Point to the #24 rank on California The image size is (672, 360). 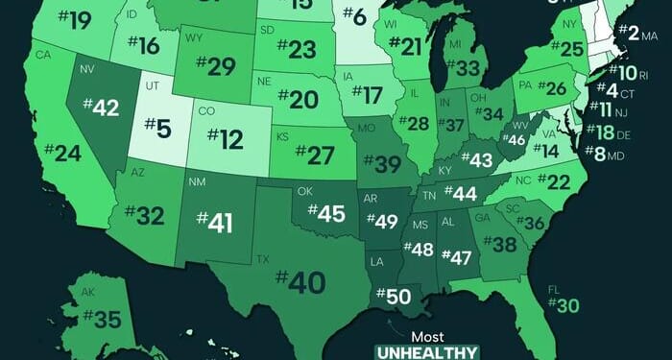[x=55, y=153]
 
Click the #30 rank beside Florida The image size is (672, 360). [x=564, y=305]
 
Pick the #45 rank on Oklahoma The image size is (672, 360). [x=324, y=213]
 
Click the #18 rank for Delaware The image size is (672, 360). [x=604, y=132]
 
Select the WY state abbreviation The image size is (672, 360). [x=193, y=38]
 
